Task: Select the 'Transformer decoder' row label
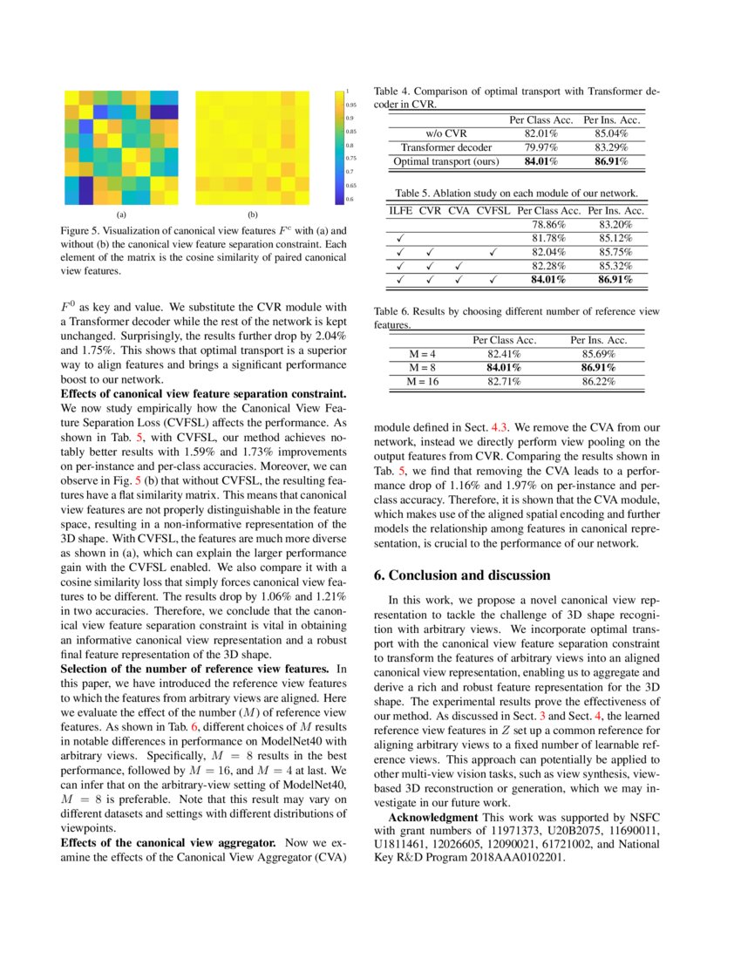(x=445, y=147)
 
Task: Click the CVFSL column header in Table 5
(x=493, y=211)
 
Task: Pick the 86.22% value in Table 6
(x=599, y=382)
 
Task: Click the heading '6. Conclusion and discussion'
(x=462, y=575)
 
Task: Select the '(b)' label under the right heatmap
(x=253, y=214)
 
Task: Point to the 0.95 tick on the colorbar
(x=350, y=104)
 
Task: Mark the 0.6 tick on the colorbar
(x=349, y=200)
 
